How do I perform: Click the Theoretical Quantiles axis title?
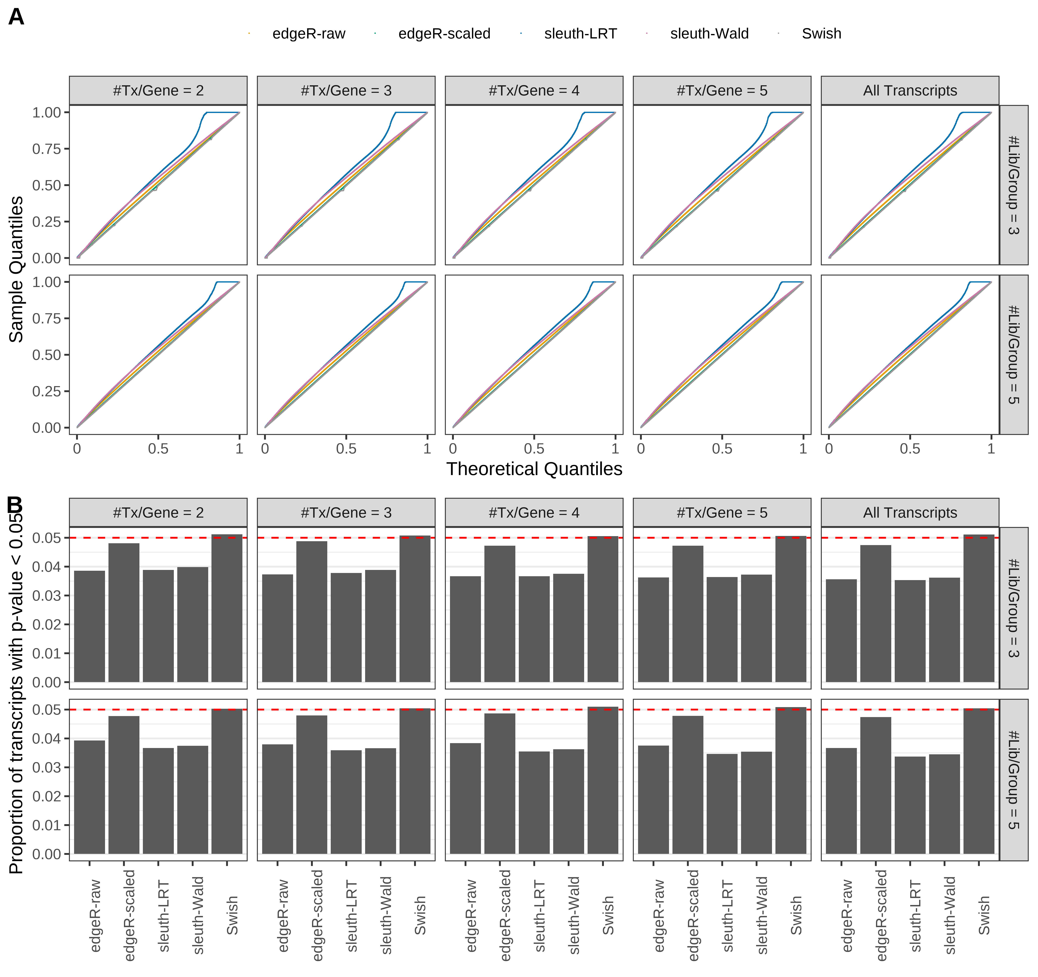[x=534, y=469]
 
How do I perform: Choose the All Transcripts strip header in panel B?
[x=910, y=513]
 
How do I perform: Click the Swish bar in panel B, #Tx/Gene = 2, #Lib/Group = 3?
[x=227, y=608]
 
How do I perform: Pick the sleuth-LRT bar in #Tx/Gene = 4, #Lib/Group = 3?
[x=534, y=629]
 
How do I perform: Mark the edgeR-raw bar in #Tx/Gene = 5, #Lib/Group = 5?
[x=653, y=800]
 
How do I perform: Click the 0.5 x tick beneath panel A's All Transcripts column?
[x=910, y=449]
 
